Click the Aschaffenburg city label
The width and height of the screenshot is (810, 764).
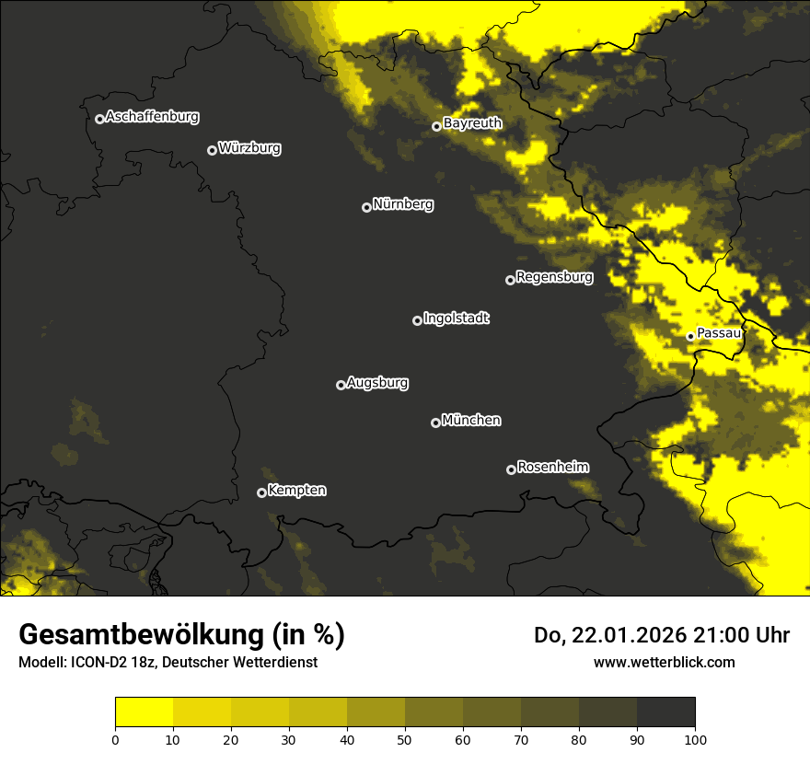click(152, 117)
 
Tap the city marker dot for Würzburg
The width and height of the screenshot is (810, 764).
click(212, 150)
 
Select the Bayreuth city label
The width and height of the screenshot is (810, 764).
click(472, 123)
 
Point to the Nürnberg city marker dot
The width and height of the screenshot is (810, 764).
click(366, 207)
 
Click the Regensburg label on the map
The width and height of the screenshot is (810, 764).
click(554, 276)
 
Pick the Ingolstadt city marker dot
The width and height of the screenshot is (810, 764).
click(417, 320)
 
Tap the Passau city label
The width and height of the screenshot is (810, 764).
click(719, 333)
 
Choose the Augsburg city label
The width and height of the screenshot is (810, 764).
click(377, 382)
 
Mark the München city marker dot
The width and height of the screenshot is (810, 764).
click(435, 423)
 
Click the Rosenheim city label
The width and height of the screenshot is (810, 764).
click(552, 467)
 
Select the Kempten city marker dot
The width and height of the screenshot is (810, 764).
click(261, 492)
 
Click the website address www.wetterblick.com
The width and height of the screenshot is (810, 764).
click(665, 662)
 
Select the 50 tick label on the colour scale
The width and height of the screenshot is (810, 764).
click(405, 739)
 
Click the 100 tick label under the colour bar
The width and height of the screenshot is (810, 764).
click(695, 739)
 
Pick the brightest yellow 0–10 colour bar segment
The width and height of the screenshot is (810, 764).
click(145, 712)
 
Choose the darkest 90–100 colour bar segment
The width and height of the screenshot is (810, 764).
click(665, 712)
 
